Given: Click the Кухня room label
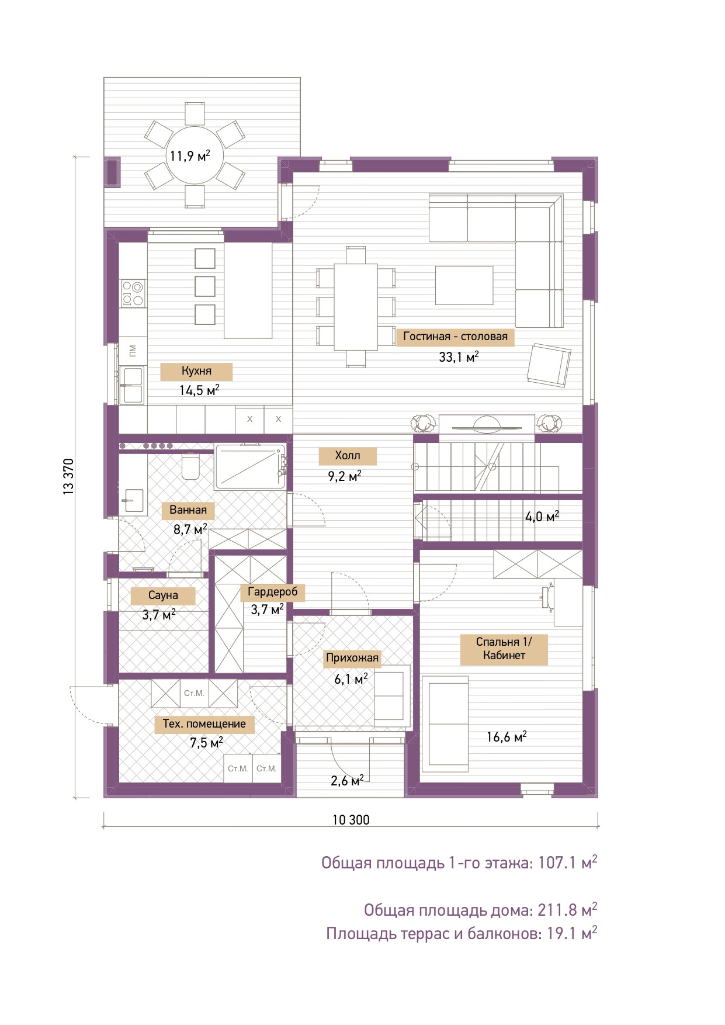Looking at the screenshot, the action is [x=196, y=371].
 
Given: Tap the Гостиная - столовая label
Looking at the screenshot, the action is [x=455, y=337].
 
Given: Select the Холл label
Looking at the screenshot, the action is [x=348, y=456].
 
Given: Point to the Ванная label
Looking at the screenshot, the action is [x=188, y=510].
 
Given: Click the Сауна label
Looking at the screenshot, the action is [x=163, y=595].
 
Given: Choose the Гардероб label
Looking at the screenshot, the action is [x=273, y=592].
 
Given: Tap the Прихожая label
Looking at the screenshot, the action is [x=352, y=658].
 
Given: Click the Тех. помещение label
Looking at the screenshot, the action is [x=204, y=724].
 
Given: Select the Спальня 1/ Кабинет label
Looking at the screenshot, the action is [x=504, y=649].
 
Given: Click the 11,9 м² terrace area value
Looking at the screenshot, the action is [x=190, y=156].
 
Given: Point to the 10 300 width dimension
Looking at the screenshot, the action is [x=351, y=820].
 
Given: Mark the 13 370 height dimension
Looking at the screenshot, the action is [x=69, y=477].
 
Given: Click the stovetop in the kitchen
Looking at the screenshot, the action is [x=133, y=293].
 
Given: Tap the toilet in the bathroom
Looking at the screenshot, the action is [x=190, y=466].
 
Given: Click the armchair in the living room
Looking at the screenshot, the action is [x=549, y=365].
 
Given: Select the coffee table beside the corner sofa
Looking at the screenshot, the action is [x=464, y=285].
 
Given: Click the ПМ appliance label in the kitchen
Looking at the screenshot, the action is [x=133, y=351].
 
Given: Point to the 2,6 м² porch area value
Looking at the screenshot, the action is [x=348, y=780].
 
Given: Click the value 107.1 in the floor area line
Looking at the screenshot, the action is [x=557, y=863].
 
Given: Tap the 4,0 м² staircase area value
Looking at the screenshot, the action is [x=542, y=517].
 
